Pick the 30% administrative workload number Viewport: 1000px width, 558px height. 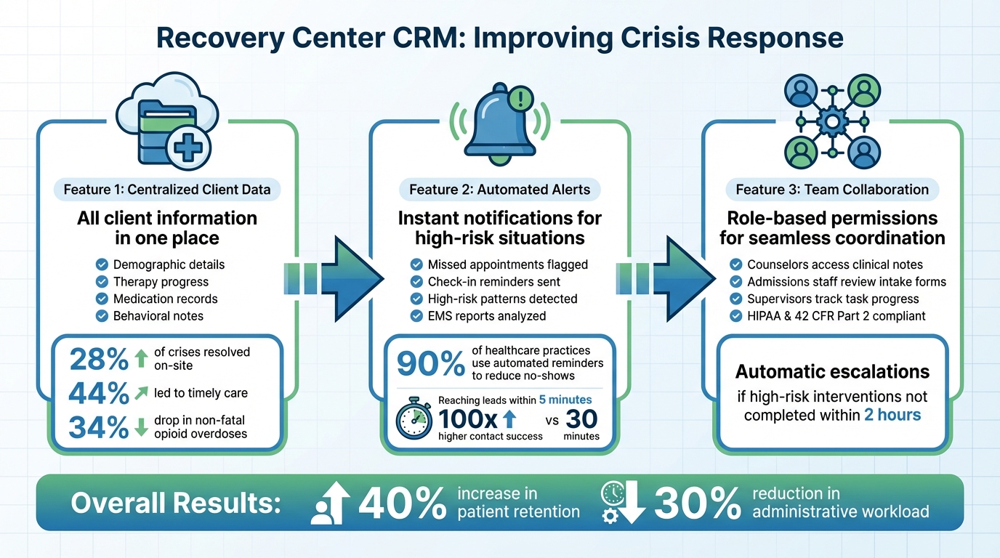tap(698, 503)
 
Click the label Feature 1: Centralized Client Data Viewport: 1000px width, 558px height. tap(167, 190)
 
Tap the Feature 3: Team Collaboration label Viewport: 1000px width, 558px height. tap(832, 190)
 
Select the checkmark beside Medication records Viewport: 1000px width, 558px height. tap(101, 299)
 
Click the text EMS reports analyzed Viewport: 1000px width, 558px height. tap(487, 316)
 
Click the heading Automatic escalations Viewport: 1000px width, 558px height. tap(832, 372)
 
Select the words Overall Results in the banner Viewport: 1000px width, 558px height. tap(175, 503)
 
